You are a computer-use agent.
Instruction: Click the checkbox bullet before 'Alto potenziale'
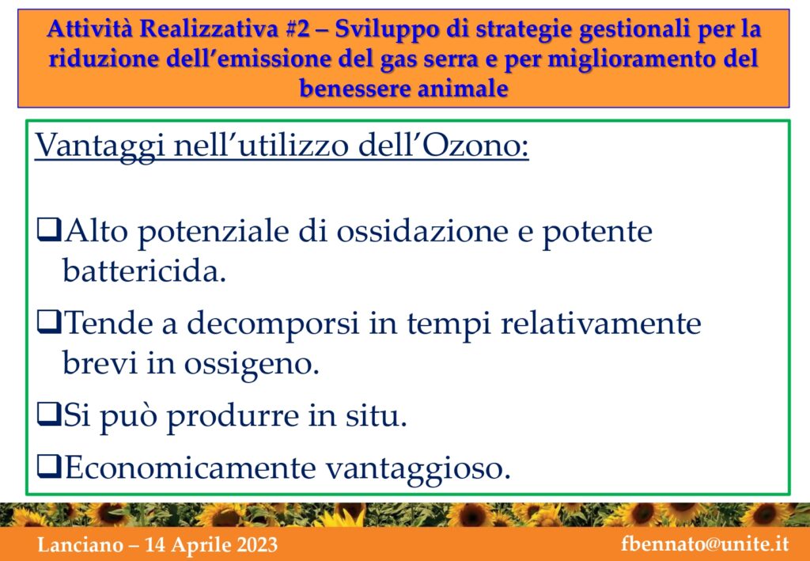coord(49,231)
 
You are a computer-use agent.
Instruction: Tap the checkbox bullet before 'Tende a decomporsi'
coord(49,324)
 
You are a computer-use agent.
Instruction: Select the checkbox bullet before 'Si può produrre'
coord(49,416)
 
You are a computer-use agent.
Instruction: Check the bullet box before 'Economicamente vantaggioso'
coord(49,468)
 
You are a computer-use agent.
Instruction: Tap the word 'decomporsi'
coord(272,326)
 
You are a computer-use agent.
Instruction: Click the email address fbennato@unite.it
coord(705,544)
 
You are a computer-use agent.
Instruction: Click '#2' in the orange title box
coord(297,29)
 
